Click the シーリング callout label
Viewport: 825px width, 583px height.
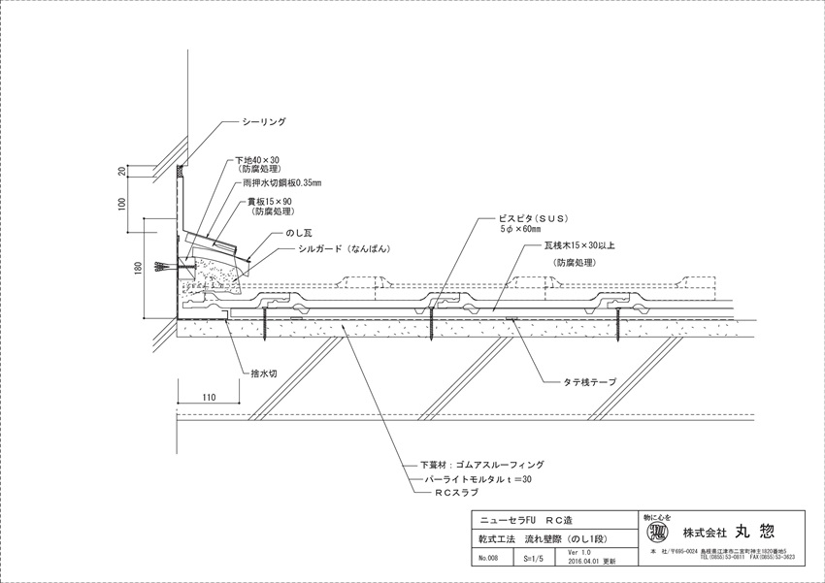(x=264, y=123)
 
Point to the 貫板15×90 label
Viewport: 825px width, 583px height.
(x=270, y=201)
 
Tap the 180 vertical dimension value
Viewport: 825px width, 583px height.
(x=139, y=266)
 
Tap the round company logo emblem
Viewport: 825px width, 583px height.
(x=657, y=533)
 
